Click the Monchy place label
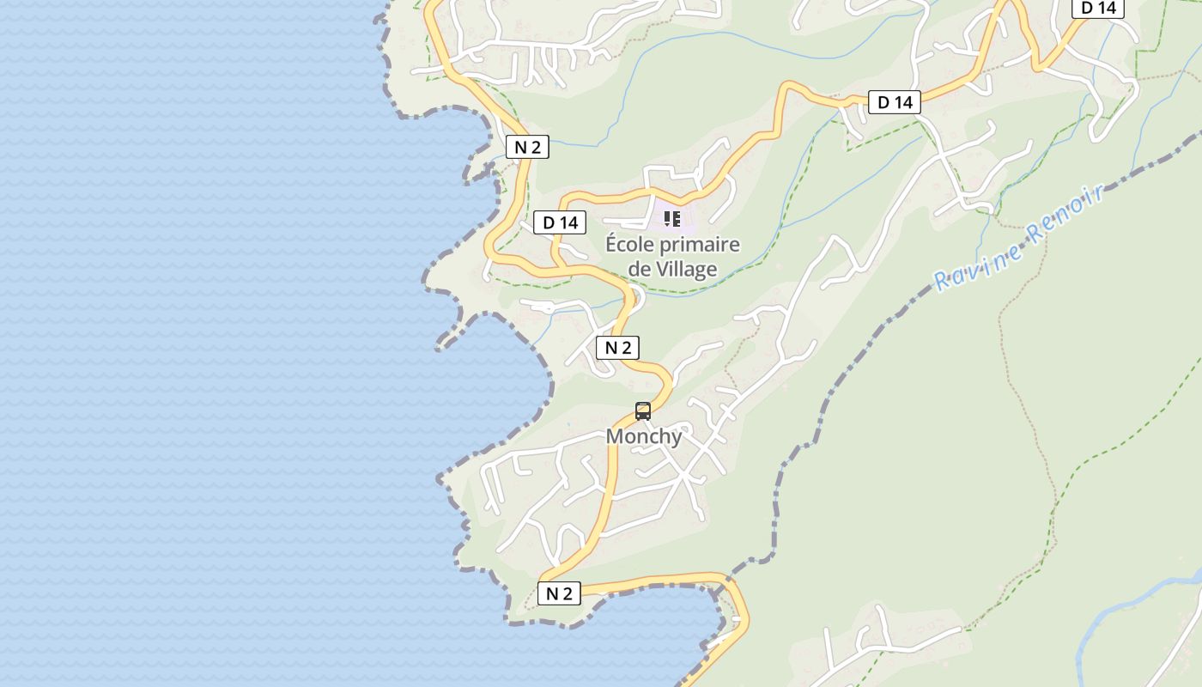point(644,436)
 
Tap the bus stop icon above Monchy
point(643,411)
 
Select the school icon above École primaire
point(671,219)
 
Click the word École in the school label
point(632,245)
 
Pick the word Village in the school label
point(686,270)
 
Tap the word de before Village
point(640,270)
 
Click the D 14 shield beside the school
point(560,223)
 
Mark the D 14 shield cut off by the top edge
point(1098,8)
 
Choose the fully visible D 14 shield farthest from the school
point(895,103)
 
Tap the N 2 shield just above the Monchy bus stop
point(618,348)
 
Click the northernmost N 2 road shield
point(527,147)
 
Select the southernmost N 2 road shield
point(559,593)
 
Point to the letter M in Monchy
point(616,436)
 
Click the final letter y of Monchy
point(677,438)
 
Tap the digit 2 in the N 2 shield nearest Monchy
point(626,348)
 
